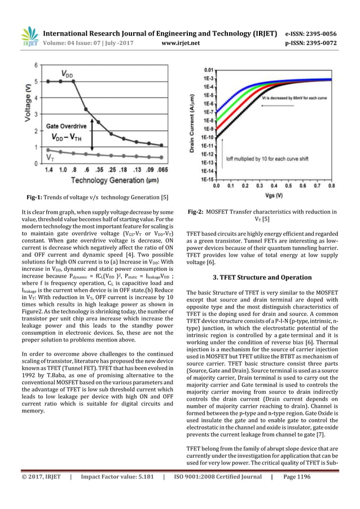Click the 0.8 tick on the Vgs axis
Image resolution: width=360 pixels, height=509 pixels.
[331, 185]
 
